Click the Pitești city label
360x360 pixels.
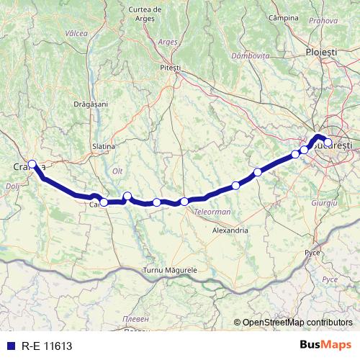[x=171, y=67]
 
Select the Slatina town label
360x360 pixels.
[x=104, y=146]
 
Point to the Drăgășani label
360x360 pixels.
[x=91, y=104]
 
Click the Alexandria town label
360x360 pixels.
[x=230, y=230]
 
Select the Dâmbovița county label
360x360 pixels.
[x=251, y=55]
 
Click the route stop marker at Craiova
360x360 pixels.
[x=32, y=163]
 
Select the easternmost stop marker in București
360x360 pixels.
[x=328, y=143]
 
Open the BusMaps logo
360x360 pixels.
[x=325, y=345]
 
